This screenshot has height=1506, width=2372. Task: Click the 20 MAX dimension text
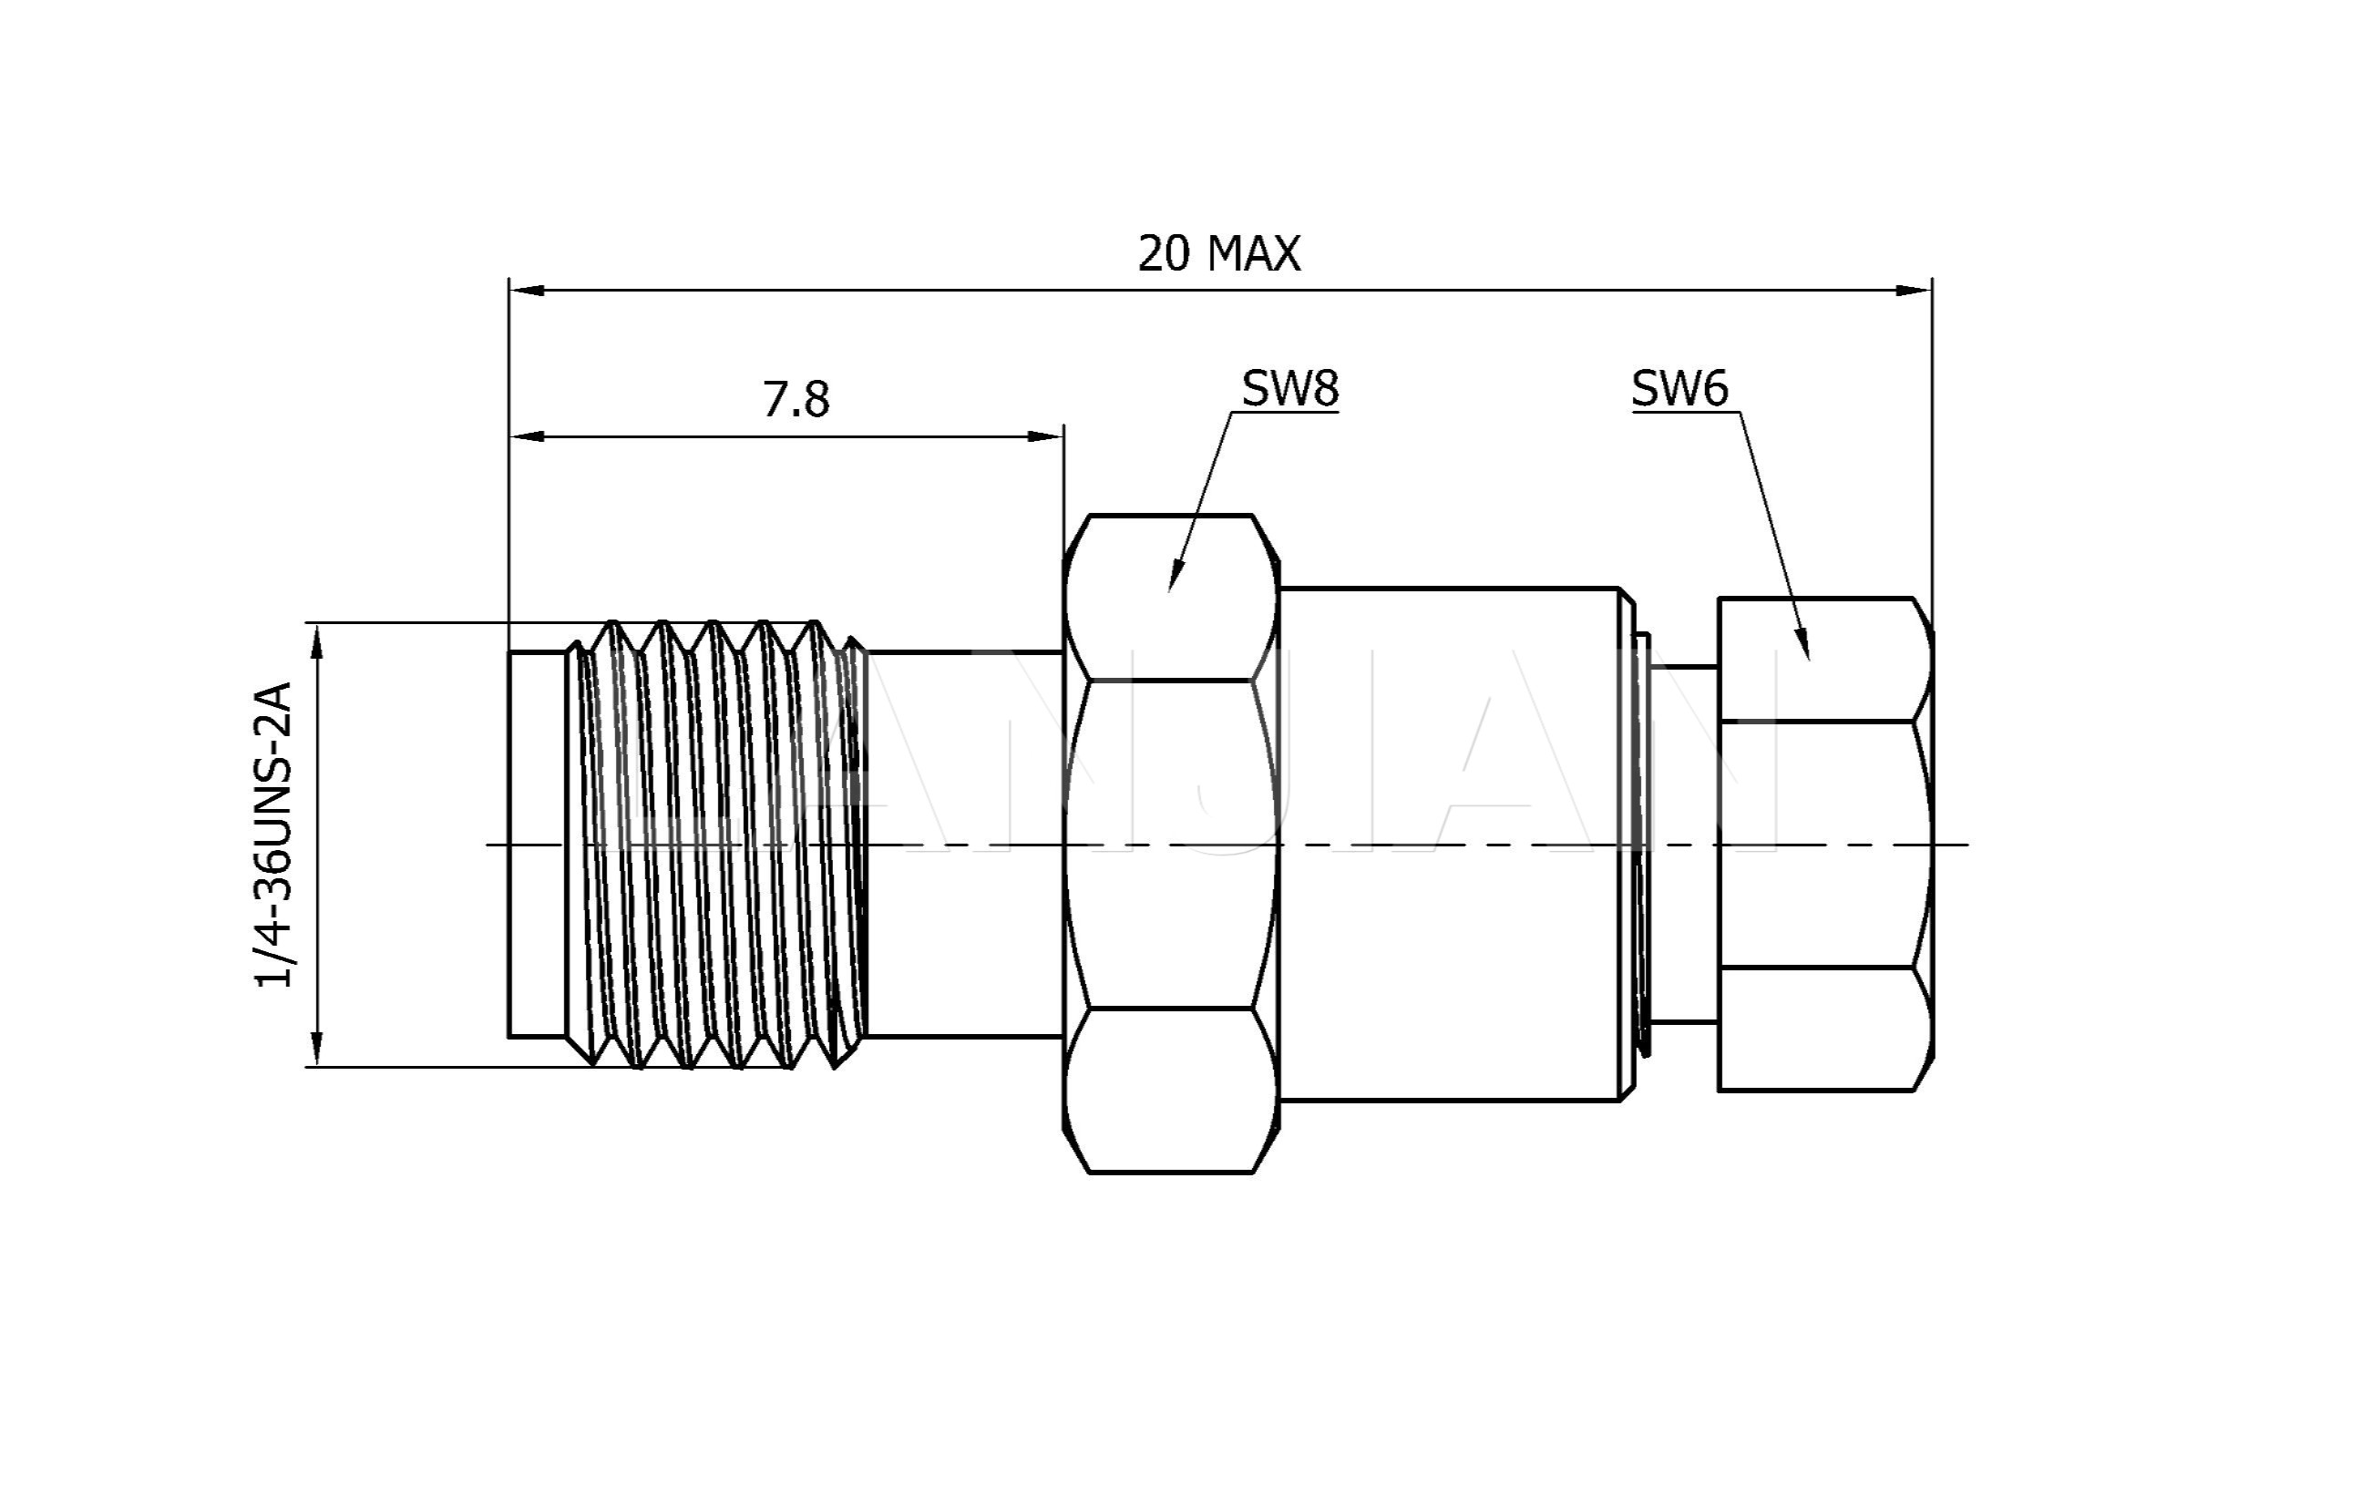tap(1218, 254)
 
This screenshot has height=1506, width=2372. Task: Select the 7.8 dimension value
tap(796, 400)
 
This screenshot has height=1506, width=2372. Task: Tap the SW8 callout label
tap(1289, 389)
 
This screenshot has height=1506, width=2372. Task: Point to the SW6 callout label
tap(1679, 389)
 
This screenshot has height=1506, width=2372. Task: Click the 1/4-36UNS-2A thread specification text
tap(274, 835)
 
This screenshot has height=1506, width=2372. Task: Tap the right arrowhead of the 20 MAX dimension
tap(1913, 291)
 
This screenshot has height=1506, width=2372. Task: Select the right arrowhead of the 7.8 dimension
tap(1045, 436)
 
